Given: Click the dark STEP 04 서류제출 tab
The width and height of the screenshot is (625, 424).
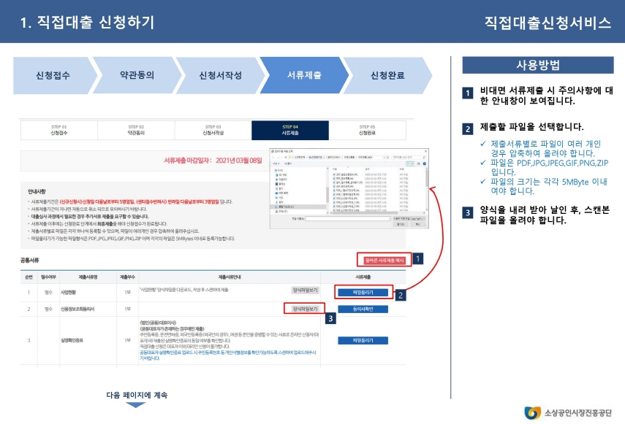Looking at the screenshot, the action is pos(290,130).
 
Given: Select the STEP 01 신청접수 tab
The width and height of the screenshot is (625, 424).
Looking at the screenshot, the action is pos(58,130).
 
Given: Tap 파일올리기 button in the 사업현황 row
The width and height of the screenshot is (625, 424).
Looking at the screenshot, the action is pos(363,292).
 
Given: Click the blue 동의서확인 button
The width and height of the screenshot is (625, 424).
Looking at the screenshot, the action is pos(363,309).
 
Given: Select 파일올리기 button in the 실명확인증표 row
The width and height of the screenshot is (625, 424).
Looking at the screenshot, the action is pos(363,340).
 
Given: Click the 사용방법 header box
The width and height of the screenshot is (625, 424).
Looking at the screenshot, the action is pos(537,66).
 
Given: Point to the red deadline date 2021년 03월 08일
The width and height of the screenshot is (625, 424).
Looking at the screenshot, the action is pos(240,160).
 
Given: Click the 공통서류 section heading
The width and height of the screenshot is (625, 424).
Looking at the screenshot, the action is pos(30,260).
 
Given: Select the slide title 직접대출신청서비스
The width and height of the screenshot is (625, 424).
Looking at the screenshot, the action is pos(547,23).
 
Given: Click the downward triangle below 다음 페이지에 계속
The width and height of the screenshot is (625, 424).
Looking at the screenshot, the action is pos(137,405).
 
